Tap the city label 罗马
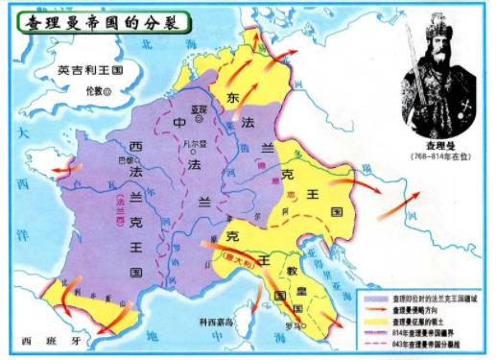point(292,324)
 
